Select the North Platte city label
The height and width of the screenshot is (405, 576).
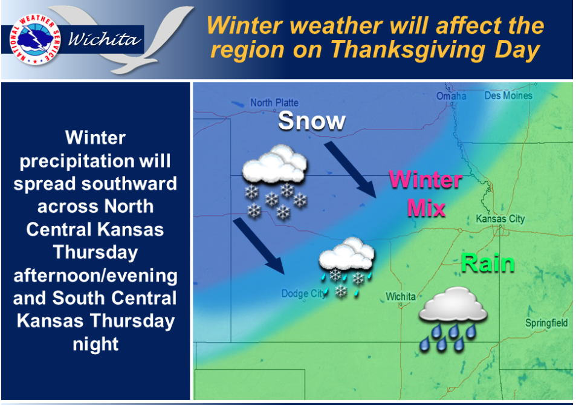click(x=274, y=103)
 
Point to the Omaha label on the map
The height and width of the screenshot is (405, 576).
click(x=452, y=96)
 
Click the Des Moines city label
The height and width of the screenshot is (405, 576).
click(x=508, y=96)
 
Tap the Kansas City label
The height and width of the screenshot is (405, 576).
click(x=500, y=219)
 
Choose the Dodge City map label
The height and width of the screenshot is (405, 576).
click(x=303, y=294)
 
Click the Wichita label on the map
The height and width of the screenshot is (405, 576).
click(x=401, y=296)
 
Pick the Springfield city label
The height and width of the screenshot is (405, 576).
click(x=546, y=323)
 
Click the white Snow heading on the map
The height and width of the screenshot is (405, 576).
click(x=311, y=121)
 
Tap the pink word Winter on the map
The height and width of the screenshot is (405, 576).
click(x=426, y=180)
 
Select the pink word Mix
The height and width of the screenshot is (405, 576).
click(x=426, y=207)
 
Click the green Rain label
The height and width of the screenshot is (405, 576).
click(x=487, y=264)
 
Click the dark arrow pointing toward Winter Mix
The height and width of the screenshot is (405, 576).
click(x=350, y=169)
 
